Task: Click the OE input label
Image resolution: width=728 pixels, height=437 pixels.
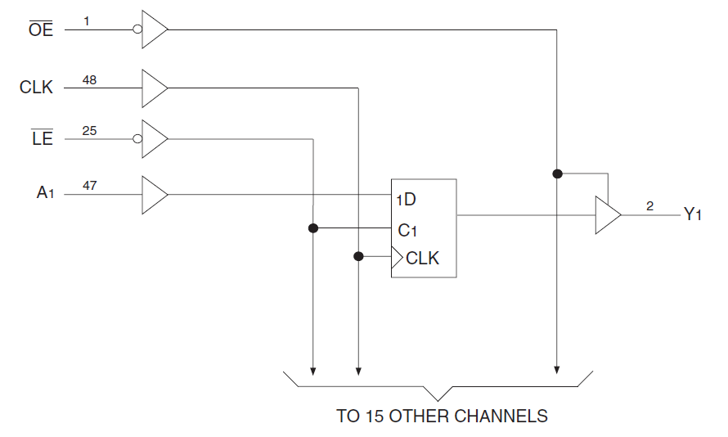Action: click(40, 30)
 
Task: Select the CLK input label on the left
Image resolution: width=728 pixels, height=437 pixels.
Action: click(36, 87)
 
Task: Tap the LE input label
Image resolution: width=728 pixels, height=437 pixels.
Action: click(42, 139)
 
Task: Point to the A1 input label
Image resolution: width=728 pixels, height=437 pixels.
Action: click(43, 193)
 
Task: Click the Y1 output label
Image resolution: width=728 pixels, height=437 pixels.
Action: click(693, 215)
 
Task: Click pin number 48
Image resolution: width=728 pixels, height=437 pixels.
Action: click(89, 79)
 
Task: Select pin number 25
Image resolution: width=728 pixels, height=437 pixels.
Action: click(89, 130)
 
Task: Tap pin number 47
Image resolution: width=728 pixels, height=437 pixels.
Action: click(89, 186)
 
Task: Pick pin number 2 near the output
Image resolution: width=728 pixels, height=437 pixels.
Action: click(649, 205)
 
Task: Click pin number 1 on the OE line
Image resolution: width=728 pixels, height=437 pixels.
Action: click(86, 19)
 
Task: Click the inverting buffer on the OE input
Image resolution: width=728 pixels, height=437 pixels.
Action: click(153, 30)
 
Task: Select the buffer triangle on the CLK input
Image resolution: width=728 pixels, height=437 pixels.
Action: click(154, 88)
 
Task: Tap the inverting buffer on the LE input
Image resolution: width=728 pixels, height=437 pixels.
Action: click(153, 139)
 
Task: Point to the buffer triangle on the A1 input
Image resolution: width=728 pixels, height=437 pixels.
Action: click(154, 195)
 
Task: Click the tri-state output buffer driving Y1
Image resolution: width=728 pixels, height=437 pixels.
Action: click(607, 215)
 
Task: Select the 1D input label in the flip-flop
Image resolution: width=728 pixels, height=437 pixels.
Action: click(407, 200)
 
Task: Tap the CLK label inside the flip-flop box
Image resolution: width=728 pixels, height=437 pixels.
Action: click(422, 259)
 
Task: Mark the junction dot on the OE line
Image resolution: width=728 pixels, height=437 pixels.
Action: click(557, 173)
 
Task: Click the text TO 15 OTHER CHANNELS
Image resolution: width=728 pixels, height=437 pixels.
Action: click(442, 416)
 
